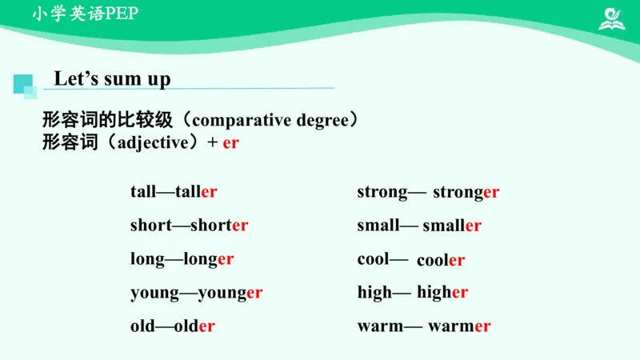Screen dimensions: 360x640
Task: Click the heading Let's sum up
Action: [x=112, y=79]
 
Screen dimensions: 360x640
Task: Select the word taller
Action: [x=197, y=192]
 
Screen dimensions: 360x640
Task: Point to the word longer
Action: [x=209, y=259]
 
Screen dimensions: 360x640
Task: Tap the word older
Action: [x=194, y=326]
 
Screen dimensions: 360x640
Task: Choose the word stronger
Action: [x=466, y=192]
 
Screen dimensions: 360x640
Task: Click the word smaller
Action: [x=452, y=226]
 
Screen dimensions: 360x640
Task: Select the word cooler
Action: [x=441, y=260]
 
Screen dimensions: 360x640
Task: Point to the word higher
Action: [x=442, y=293]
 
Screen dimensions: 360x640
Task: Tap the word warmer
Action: [x=459, y=326]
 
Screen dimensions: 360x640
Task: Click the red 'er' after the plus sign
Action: [x=231, y=143]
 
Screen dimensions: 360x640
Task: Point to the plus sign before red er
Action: [x=213, y=143]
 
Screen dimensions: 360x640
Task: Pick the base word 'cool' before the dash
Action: [x=372, y=259]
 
